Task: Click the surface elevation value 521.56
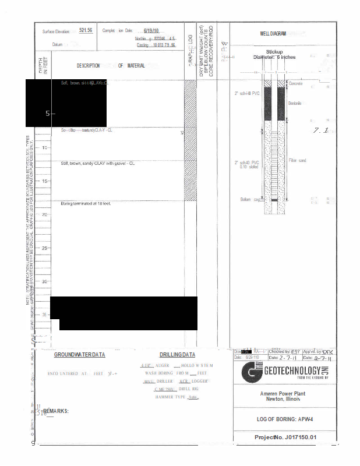pos(86,30)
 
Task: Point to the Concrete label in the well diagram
pos(296,84)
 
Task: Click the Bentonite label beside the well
pos(295,103)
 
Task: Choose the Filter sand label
pos(297,160)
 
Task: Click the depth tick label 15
pos(45,181)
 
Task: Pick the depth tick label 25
pos(45,248)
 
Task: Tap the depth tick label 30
pos(45,281)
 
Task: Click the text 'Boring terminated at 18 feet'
pos(86,203)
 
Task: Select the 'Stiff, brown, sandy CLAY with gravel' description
pos(98,163)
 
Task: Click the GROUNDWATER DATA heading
pos(80,355)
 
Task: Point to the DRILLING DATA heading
pos(177,355)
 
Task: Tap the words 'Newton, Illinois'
pos(284,399)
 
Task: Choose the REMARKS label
pos(56,411)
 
